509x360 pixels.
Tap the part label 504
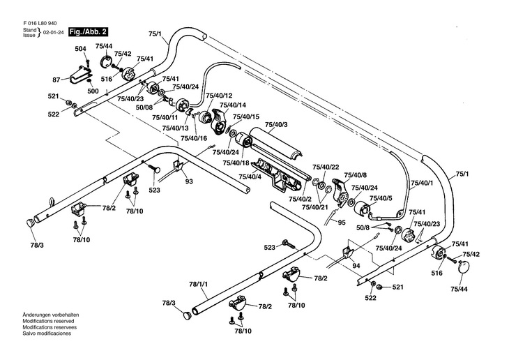pos(80,48)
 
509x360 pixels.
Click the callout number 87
pos(56,80)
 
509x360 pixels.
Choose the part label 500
pos(93,91)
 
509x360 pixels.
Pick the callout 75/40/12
pos(219,95)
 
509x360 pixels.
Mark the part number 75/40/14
pos(233,105)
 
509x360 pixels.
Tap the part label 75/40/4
pos(251,176)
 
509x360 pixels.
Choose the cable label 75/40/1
pos(421,183)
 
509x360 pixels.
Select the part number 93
pos(188,181)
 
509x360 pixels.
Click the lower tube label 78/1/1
pos(199,284)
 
